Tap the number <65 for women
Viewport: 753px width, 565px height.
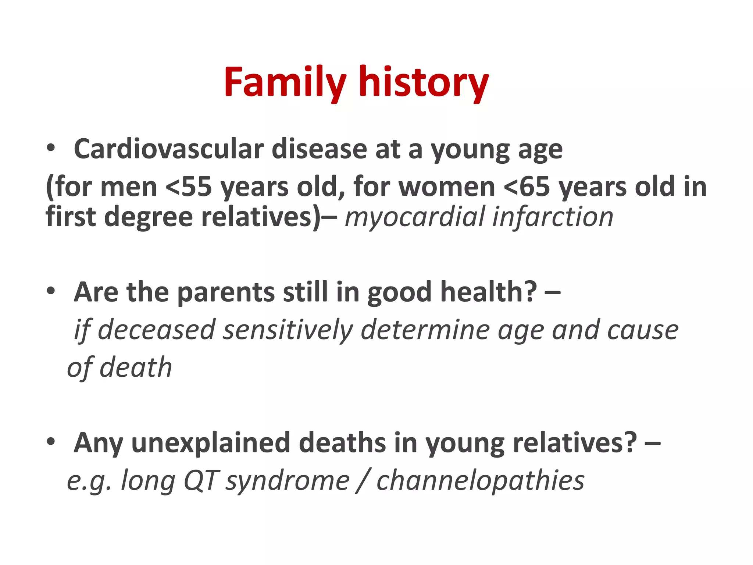(527, 187)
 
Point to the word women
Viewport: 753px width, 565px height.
(447, 187)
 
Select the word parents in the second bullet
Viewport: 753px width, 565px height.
(226, 292)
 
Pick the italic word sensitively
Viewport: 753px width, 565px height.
(288, 330)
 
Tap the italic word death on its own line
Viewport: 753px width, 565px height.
(136, 367)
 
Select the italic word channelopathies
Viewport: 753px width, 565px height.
(480, 480)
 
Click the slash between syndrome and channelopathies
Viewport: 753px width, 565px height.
(363, 480)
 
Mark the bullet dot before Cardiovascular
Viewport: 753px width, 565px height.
(51, 149)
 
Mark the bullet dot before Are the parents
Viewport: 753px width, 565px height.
(51, 291)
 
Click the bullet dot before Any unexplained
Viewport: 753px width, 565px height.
(51, 441)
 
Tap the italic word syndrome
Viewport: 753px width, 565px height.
(288, 480)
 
